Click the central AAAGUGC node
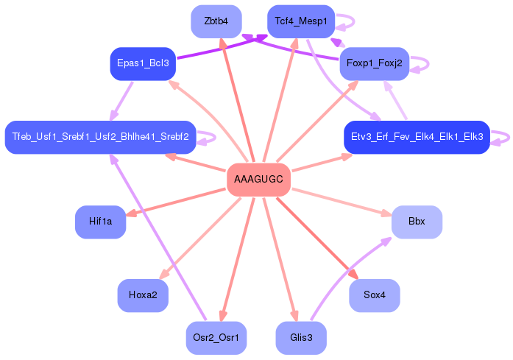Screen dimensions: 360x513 258,180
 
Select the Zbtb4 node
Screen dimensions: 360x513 216,21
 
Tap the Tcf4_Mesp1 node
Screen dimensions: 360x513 300,21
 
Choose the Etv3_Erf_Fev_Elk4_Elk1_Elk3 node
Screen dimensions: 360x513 417,137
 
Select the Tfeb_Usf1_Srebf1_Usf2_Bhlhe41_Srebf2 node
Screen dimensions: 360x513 100,137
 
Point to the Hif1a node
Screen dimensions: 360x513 100,222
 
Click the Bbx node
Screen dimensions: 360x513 417,222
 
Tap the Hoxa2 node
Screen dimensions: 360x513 143,295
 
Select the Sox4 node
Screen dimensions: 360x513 374,295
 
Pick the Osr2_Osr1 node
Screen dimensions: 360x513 216,338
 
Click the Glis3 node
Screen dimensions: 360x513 300,338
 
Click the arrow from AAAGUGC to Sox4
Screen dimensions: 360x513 316,237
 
